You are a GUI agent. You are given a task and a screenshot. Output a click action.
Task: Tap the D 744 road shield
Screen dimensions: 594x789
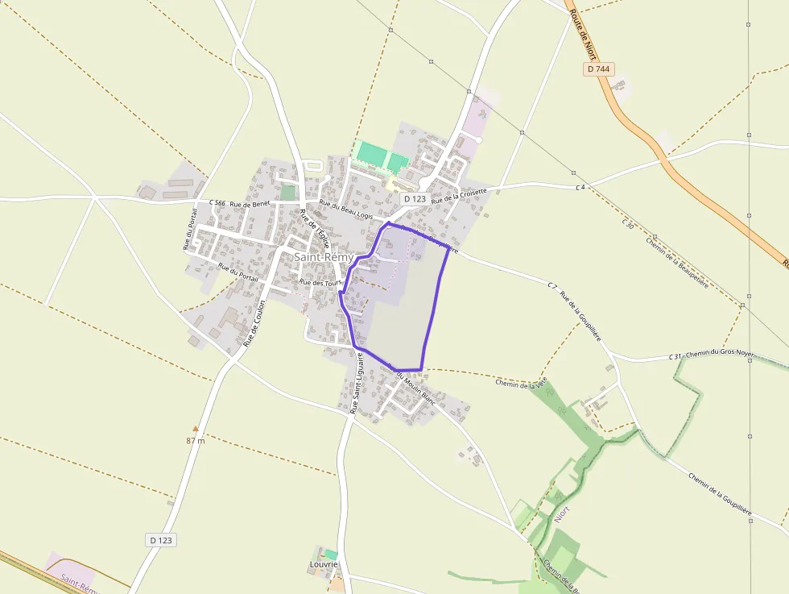click(599, 69)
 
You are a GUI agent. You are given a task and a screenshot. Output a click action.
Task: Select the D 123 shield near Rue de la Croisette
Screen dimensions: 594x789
click(415, 198)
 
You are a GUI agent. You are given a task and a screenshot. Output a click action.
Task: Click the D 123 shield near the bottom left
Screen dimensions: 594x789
click(162, 539)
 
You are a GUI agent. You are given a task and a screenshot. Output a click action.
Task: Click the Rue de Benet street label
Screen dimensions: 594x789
click(250, 204)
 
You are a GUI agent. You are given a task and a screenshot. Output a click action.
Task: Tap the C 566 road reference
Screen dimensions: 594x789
click(217, 202)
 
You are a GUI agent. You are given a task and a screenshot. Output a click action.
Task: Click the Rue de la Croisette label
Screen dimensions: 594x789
click(459, 194)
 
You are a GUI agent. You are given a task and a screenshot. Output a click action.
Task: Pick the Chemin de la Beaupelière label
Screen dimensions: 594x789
click(676, 263)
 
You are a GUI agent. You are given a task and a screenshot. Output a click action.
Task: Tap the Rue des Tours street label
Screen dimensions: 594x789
click(320, 283)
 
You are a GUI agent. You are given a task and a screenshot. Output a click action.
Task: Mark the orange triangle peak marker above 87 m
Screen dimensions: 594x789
click(195, 429)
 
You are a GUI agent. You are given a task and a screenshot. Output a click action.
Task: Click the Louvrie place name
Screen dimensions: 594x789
click(324, 565)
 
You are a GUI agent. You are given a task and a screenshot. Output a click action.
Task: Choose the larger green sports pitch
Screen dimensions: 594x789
click(371, 153)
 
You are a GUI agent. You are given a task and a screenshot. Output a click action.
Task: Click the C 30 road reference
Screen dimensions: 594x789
click(629, 223)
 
